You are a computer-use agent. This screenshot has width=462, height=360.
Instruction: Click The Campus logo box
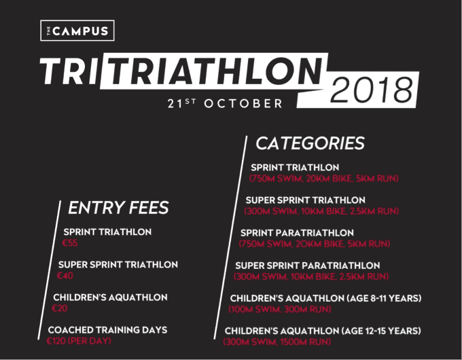click(77, 31)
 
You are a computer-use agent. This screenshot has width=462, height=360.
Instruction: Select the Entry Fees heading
click(118, 207)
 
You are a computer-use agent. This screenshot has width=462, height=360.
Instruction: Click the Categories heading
click(310, 143)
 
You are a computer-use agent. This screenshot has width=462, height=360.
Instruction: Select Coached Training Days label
click(107, 330)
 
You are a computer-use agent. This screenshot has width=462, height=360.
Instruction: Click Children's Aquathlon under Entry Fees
click(110, 298)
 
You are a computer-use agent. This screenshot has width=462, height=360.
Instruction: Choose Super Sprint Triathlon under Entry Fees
click(118, 265)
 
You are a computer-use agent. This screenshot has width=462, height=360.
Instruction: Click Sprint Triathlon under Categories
click(295, 168)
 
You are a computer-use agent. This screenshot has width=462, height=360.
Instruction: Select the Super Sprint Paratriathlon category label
click(317, 265)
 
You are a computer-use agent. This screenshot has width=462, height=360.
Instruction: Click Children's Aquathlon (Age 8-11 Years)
click(325, 298)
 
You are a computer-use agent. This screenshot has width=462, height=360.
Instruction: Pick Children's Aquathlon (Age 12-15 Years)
click(323, 331)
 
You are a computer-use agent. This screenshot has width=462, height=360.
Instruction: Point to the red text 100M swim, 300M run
click(280, 309)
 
